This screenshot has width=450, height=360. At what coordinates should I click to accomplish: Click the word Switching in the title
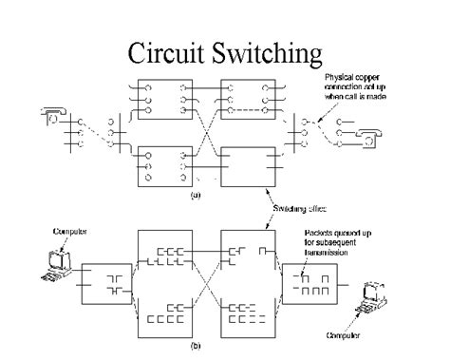269,49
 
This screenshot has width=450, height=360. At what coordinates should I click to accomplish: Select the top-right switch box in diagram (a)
247,99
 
